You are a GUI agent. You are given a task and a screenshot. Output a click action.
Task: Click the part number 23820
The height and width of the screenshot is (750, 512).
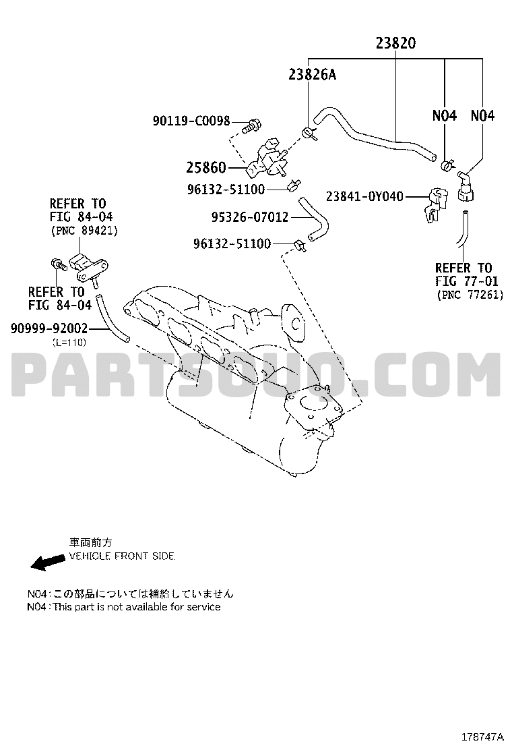[395, 43]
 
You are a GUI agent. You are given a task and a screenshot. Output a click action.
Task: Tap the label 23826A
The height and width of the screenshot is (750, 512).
[313, 74]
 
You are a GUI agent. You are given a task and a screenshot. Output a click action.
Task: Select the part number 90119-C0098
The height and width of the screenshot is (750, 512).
[191, 121]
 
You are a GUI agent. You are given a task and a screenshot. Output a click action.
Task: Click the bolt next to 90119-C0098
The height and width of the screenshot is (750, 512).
[251, 125]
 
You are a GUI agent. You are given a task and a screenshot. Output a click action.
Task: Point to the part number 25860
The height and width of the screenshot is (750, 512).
[206, 167]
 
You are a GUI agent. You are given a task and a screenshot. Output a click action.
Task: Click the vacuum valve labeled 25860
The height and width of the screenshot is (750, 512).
[267, 158]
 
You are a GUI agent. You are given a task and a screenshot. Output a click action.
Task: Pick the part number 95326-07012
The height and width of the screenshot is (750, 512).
[250, 217]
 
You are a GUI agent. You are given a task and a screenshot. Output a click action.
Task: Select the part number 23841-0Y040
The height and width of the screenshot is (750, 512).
[364, 196]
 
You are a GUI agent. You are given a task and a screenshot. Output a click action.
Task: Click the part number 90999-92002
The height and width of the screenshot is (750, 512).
[49, 328]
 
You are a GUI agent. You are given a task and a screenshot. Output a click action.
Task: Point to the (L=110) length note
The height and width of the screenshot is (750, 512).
[69, 343]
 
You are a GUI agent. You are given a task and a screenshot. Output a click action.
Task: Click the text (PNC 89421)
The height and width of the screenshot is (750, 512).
[84, 231]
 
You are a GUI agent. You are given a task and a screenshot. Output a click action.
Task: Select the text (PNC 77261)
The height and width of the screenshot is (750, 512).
[470, 295]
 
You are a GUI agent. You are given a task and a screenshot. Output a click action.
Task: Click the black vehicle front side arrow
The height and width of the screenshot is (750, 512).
[47, 562]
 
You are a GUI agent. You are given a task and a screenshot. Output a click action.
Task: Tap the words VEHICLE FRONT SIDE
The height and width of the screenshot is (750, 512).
[122, 556]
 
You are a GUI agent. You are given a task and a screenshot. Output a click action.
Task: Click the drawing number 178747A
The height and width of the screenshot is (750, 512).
[482, 736]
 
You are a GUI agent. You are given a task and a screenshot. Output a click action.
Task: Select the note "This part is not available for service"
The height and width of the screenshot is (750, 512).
[137, 607]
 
